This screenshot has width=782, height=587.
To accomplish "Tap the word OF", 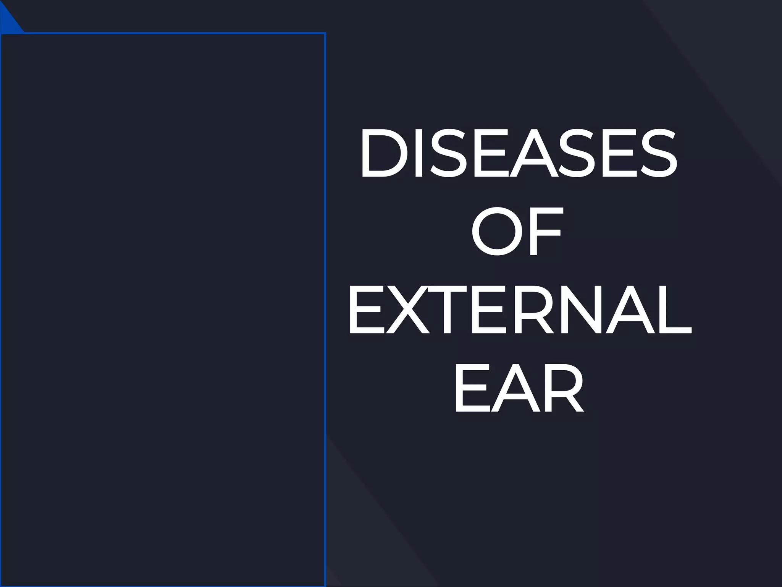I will coord(517,232).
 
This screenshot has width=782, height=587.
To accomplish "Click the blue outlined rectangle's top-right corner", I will coord(325,34).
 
